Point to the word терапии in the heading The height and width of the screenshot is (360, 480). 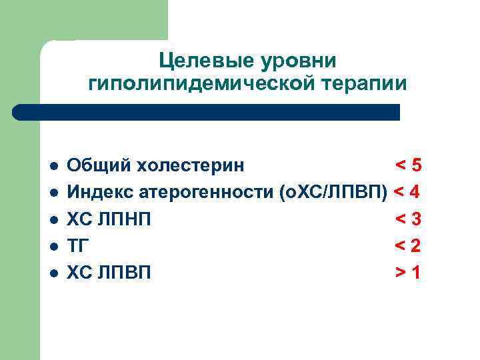(x=360, y=85)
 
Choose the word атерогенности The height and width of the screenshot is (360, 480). (x=205, y=192)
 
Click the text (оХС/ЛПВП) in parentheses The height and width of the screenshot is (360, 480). (x=335, y=192)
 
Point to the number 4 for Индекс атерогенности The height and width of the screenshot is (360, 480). (x=415, y=192)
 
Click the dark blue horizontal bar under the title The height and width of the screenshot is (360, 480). (x=207, y=112)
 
